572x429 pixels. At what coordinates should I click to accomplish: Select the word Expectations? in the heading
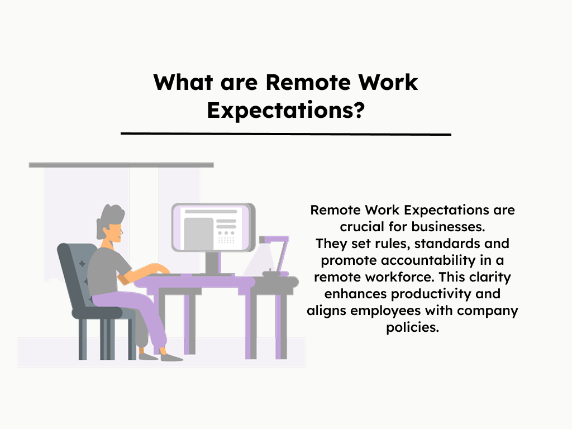pyautogui.click(x=285, y=110)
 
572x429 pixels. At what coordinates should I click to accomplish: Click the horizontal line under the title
pyautogui.click(x=285, y=134)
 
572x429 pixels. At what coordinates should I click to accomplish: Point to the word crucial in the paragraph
pyautogui.click(x=361, y=227)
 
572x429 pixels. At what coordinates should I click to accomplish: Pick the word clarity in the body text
pyautogui.click(x=488, y=278)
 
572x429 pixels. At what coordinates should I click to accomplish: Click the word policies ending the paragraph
pyautogui.click(x=412, y=327)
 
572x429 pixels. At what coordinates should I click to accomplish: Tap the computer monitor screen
pyautogui.click(x=212, y=227)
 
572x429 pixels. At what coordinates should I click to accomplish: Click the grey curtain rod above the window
pyautogui.click(x=121, y=165)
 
